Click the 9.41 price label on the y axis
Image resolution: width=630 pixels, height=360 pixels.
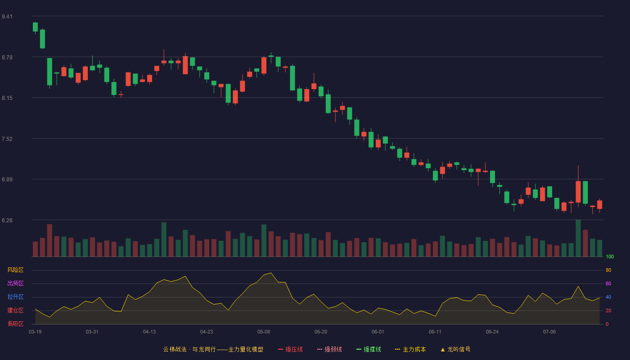click(7, 17)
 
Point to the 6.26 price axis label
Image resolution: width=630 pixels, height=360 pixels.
click(7, 220)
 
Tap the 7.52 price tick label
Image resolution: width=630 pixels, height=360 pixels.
click(7, 139)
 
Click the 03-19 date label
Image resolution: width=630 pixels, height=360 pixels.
click(35, 332)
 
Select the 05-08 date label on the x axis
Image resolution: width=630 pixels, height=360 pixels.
click(264, 332)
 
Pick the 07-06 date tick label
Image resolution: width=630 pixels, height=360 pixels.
click(549, 332)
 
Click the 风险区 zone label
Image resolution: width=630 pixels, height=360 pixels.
click(15, 270)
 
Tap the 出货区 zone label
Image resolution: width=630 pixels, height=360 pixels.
click(15, 283)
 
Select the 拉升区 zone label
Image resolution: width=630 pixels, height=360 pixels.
click(15, 297)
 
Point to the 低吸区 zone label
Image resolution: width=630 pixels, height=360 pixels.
click(15, 324)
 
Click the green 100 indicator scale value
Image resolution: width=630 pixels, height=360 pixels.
click(610, 256)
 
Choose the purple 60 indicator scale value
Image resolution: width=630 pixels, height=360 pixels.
click(608, 283)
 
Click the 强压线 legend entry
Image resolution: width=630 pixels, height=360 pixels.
click(290, 349)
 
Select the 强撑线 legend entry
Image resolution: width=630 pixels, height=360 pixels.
click(369, 349)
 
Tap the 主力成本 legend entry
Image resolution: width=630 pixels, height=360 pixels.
click(410, 349)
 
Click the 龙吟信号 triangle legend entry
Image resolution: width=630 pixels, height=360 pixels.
click(455, 349)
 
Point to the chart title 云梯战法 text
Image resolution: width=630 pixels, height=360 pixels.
click(175, 349)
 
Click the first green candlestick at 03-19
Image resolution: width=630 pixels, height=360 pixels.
click(35, 27)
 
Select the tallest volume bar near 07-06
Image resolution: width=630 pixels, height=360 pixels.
click(578, 238)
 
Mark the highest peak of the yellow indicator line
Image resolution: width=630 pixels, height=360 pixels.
click(271, 273)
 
